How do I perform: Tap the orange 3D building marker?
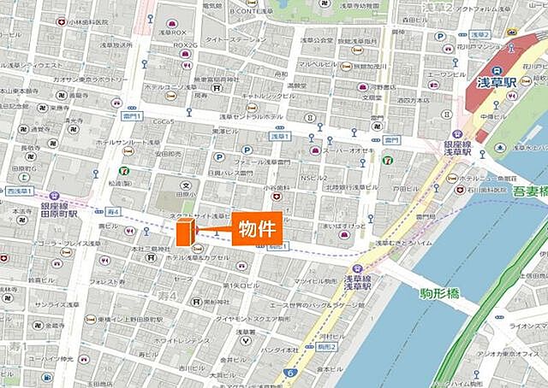coord(184,232)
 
